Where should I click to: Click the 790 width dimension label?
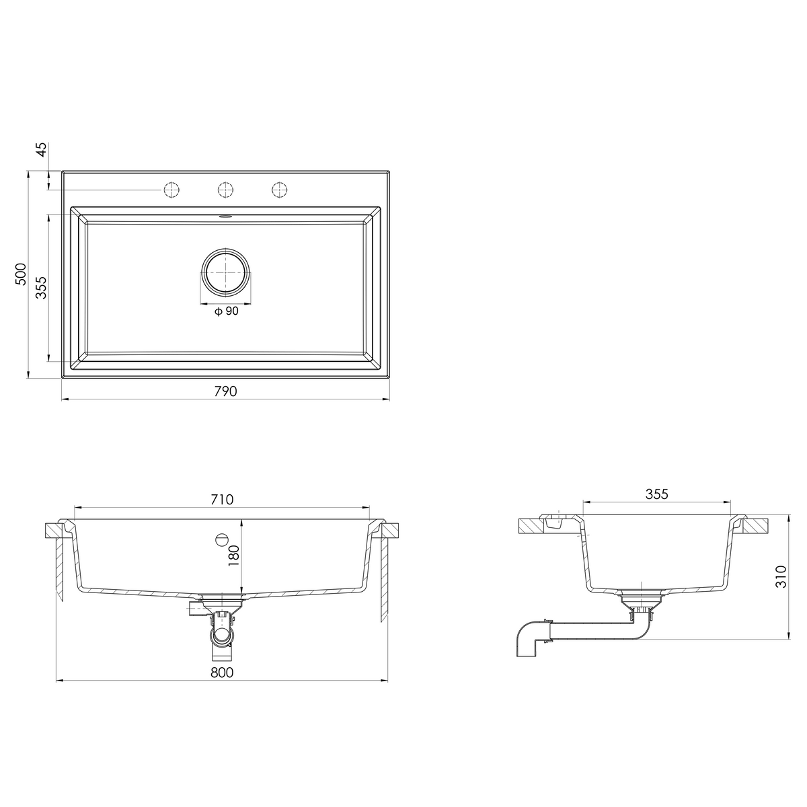point(225,391)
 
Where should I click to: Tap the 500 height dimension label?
point(21,274)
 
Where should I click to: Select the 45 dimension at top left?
point(42,149)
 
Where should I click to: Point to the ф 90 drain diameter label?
point(226,311)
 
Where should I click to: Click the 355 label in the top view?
point(41,287)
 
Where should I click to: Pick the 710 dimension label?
point(222,500)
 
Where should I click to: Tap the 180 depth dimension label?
point(233,555)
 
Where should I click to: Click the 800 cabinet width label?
point(222,672)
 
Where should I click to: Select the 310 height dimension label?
point(781,576)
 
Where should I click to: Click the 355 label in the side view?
point(656,494)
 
